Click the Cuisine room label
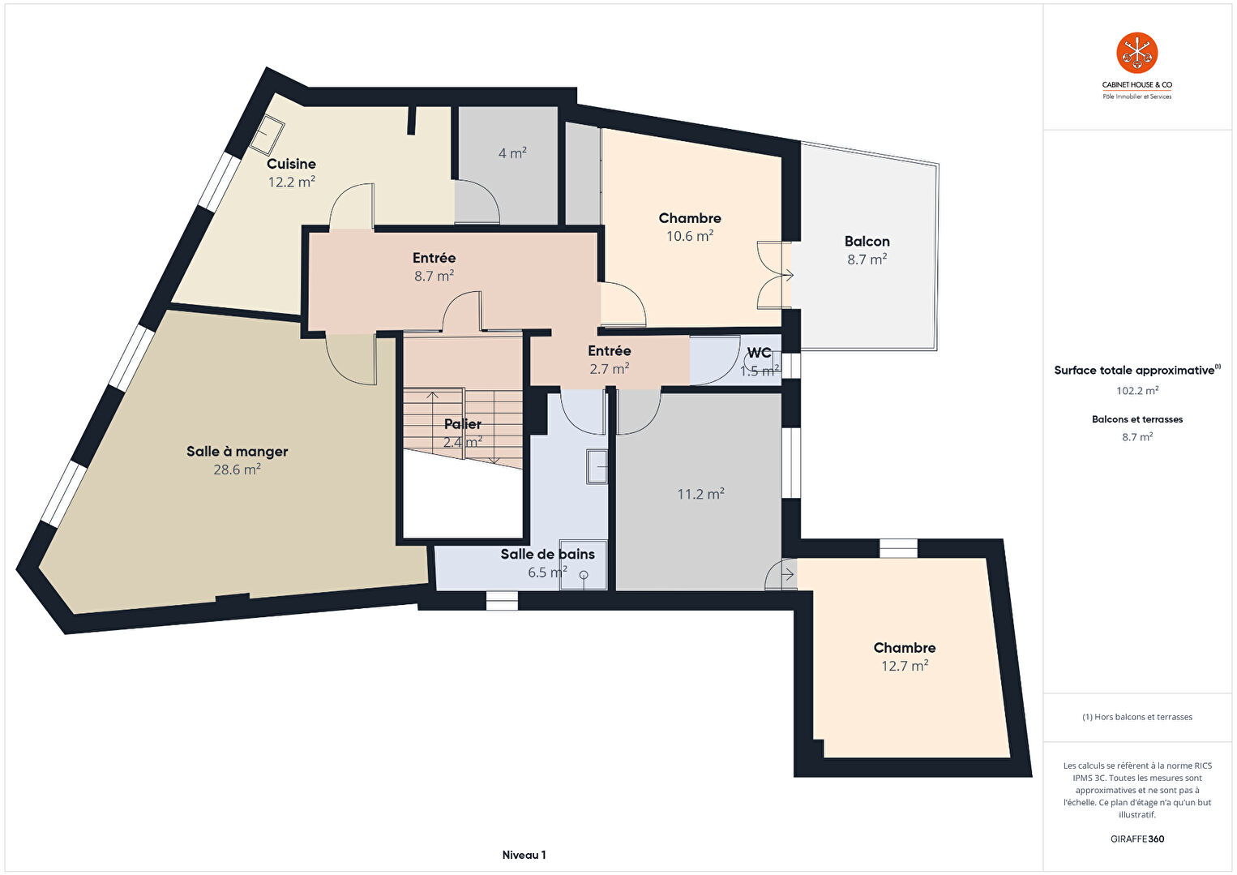(x=291, y=164)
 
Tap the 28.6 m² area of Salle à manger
(x=237, y=470)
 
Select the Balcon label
(x=867, y=242)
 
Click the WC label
(x=759, y=353)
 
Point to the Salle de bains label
(x=547, y=554)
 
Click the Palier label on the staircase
(x=463, y=423)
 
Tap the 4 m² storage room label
(x=512, y=153)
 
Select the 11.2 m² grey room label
(x=701, y=494)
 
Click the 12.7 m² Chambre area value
(x=905, y=666)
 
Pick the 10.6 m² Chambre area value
(x=690, y=236)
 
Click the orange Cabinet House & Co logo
(x=1137, y=53)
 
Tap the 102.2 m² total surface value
(x=1137, y=391)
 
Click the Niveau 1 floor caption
(x=524, y=855)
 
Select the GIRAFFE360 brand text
(x=1137, y=839)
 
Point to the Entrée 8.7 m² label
(x=434, y=266)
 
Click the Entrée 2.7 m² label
(x=609, y=359)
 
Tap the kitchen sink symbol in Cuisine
(x=268, y=135)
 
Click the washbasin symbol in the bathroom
(x=597, y=467)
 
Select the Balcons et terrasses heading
(x=1137, y=419)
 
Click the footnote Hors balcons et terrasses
(x=1137, y=716)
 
